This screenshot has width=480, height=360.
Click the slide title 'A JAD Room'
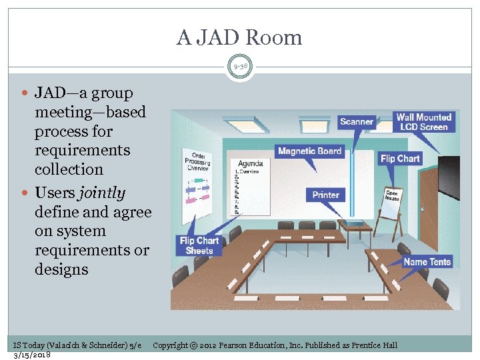coord(239,37)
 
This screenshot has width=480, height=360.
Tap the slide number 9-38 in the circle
coord(240,67)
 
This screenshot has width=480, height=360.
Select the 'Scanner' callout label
coord(357,121)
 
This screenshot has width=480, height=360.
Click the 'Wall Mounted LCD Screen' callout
coord(424,122)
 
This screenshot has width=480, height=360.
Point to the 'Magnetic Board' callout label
coord(309,151)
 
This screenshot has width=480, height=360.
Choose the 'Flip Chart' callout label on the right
coord(400,159)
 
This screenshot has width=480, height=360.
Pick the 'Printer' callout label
coord(326,195)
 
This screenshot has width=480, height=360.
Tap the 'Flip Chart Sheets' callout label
coord(199,245)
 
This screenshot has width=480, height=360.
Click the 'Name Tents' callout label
coord(427,262)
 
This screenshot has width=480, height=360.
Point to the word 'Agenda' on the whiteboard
coord(250,163)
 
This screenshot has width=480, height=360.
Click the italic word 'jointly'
coord(102,193)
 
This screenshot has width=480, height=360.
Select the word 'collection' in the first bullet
coord(69,169)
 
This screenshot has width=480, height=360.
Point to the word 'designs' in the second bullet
coord(61,269)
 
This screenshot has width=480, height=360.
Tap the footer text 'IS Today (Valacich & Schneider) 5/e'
coord(77,345)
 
